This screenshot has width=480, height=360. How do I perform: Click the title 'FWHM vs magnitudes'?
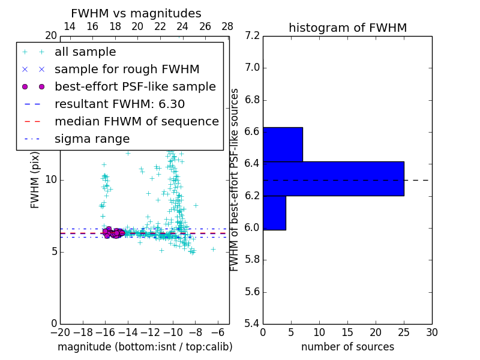coord(136,14)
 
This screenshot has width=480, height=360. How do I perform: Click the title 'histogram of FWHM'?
coord(347,28)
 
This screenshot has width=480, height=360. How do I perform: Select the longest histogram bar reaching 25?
coord(333,178)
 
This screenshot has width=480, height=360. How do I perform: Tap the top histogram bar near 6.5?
coord(283,144)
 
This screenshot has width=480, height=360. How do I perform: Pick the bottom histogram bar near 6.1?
coord(274,213)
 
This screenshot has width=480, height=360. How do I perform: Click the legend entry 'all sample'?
coord(85,52)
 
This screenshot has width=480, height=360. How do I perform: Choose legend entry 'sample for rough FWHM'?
coord(127,69)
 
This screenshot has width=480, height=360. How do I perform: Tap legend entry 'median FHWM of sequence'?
coord(136,121)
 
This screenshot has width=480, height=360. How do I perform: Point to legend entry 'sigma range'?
coord(92,139)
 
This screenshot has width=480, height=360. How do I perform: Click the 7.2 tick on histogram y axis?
coord(252,35)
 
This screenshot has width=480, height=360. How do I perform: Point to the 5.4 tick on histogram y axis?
coord(252,323)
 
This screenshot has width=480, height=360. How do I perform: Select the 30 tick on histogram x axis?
coord(431,332)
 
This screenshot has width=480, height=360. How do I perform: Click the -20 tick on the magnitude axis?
coord(60,332)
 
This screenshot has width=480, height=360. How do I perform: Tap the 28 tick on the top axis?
coord(227,27)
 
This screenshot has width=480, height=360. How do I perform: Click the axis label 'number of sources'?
coord(347,347)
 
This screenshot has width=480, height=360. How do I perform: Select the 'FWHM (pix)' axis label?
coord(35,180)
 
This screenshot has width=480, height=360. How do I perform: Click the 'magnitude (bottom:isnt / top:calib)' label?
coord(145,347)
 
